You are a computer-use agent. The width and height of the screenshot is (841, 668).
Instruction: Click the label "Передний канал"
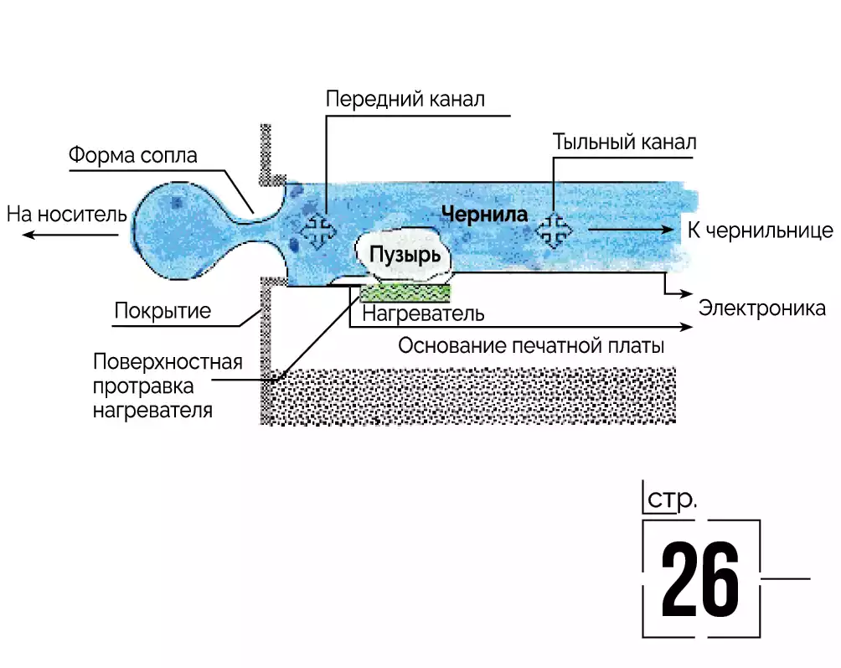click(x=405, y=100)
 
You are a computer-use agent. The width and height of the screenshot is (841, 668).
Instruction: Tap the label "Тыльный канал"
click(x=624, y=142)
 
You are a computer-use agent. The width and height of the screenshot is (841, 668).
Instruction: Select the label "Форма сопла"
click(x=133, y=156)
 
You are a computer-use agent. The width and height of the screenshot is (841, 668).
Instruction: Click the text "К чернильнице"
click(x=760, y=230)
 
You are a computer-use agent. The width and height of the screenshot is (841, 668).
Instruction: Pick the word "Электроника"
click(x=762, y=308)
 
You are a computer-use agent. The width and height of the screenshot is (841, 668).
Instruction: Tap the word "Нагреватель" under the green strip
click(x=423, y=314)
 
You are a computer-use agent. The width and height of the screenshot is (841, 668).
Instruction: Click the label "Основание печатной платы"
click(x=531, y=345)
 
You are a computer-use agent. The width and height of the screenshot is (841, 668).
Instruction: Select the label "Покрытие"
click(x=163, y=312)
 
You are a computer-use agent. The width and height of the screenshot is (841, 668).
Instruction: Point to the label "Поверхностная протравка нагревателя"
click(x=168, y=386)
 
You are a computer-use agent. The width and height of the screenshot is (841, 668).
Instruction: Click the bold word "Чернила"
click(x=484, y=215)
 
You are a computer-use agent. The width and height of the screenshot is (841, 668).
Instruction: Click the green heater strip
click(x=406, y=293)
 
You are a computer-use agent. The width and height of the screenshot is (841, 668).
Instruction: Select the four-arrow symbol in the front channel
click(x=318, y=230)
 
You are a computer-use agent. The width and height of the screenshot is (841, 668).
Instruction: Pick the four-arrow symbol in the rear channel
click(x=553, y=230)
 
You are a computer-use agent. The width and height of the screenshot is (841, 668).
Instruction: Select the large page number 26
click(x=700, y=579)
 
